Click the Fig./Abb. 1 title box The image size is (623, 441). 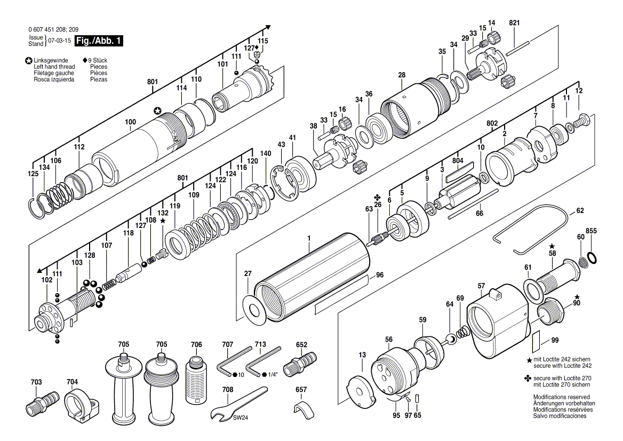[99, 41]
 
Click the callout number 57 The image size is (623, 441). [482, 286]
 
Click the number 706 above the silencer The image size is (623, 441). [196, 344]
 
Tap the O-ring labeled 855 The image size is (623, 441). [592, 257]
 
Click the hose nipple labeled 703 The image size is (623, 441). [42, 403]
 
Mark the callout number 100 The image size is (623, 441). [130, 122]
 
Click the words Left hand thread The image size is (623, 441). [54, 67]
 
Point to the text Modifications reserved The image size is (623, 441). [562, 397]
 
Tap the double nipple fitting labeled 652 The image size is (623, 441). [300, 361]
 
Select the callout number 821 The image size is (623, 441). [514, 23]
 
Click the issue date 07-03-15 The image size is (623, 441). [60, 41]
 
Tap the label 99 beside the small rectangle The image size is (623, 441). [555, 340]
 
